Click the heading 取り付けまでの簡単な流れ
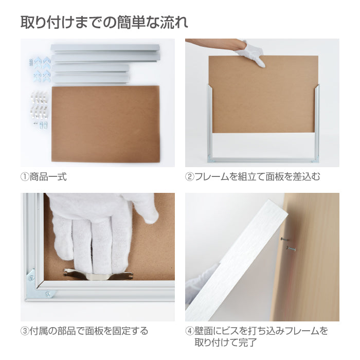click(104, 23)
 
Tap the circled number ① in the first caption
click(25, 177)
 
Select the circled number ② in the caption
click(190, 177)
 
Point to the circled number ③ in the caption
click(25, 331)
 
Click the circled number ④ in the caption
click(190, 331)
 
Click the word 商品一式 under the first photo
click(48, 177)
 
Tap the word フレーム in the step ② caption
click(212, 177)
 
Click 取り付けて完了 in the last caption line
click(226, 343)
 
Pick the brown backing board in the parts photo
click(105, 124)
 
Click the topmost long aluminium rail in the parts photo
click(105, 48)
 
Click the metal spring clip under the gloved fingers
click(98, 275)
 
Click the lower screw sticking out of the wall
click(291, 248)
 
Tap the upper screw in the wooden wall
click(285, 239)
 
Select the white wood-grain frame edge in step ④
click(237, 261)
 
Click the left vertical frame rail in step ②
click(210, 123)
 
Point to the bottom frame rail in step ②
click(263, 160)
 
